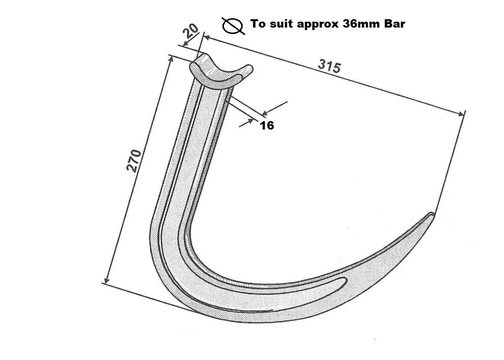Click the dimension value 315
[x=329, y=65]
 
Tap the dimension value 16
[x=267, y=126]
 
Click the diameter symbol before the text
[x=233, y=25]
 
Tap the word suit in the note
[x=281, y=24]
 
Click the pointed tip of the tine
[x=432, y=214]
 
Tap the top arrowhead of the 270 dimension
[x=171, y=58]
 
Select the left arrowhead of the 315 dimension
[x=206, y=37]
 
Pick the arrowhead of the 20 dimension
[x=185, y=45]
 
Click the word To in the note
[x=257, y=24]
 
